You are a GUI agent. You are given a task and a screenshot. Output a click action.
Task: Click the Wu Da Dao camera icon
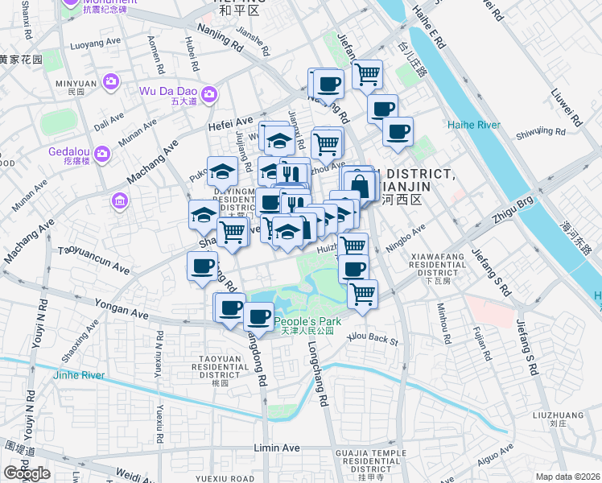pyautogui.click(x=208, y=95)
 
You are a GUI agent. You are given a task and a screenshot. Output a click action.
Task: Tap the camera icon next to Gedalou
pyautogui.click(x=102, y=153)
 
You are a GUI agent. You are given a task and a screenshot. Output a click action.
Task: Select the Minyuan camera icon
pyautogui.click(x=110, y=81)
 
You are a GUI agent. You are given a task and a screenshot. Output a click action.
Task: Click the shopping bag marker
pyautogui.click(x=360, y=186)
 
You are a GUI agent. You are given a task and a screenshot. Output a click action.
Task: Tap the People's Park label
pyautogui.click(x=307, y=321)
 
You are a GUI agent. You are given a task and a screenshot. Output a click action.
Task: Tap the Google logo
pyautogui.click(x=27, y=473)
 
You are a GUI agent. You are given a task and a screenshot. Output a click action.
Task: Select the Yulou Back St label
pyautogui.click(x=372, y=340)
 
